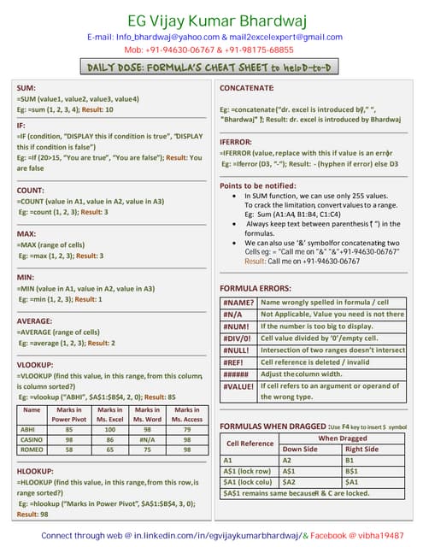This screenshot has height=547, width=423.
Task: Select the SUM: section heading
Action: click(x=26, y=88)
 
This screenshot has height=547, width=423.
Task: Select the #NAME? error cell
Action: click(x=238, y=303)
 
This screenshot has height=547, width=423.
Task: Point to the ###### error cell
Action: click(x=238, y=373)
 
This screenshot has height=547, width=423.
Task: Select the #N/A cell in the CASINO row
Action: click(x=147, y=439)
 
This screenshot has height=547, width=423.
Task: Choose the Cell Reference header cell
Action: click(x=250, y=444)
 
